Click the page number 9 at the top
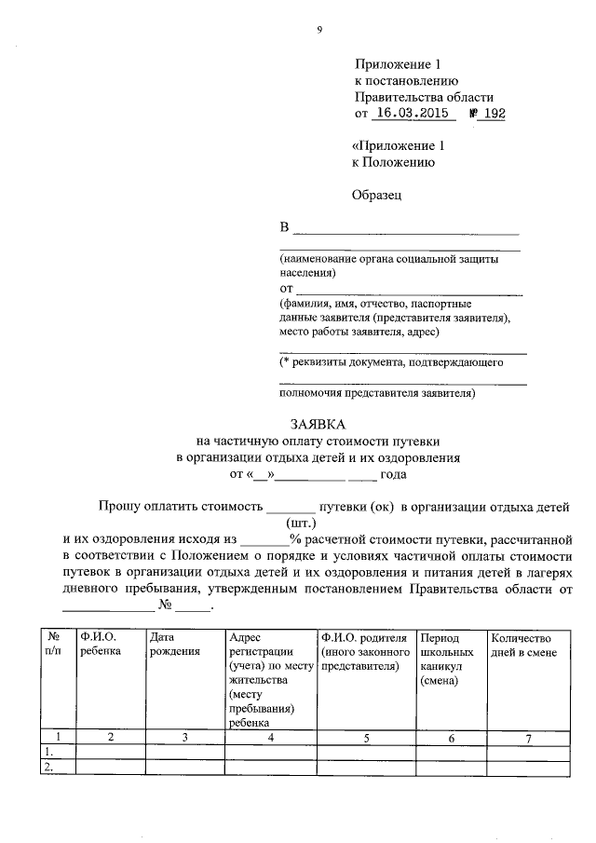coord(319,30)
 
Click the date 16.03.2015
coord(411,114)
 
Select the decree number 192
coord(494,114)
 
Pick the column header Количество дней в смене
coord(523,645)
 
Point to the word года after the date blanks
coord(394,474)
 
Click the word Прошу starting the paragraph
coord(123,508)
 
